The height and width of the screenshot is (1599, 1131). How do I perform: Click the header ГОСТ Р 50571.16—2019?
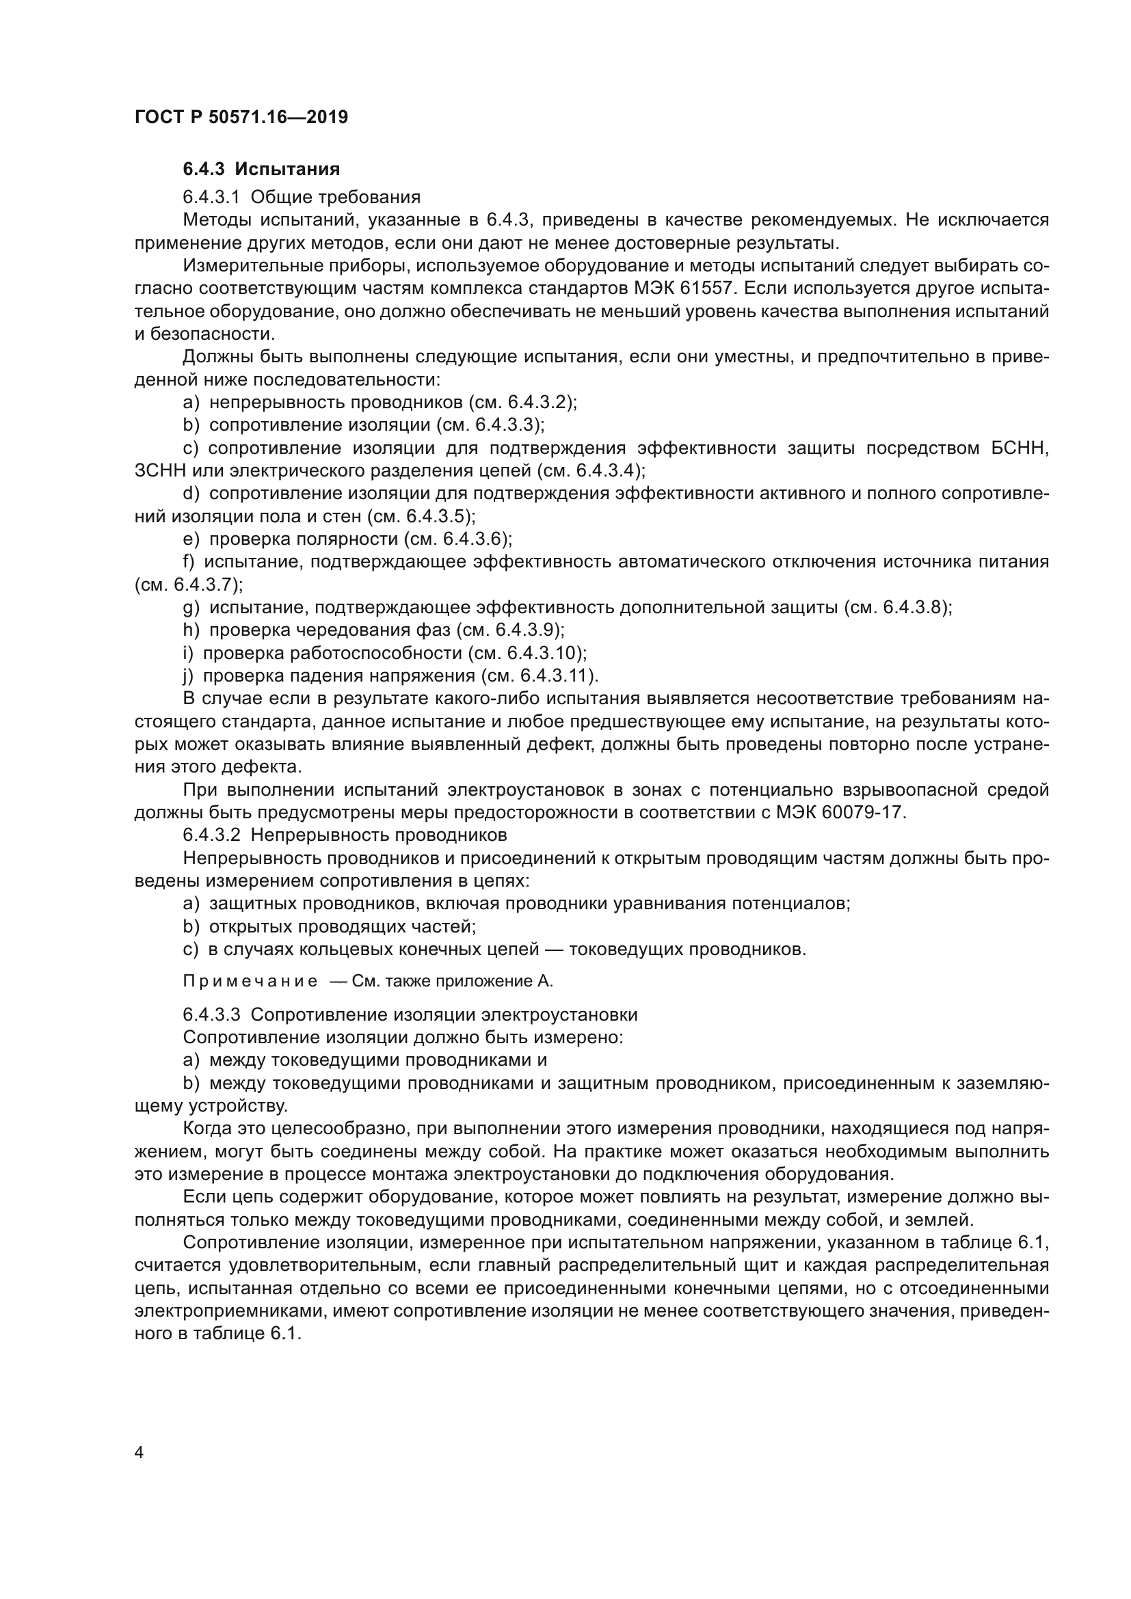241,117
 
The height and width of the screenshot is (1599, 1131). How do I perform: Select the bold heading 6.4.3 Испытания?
261,170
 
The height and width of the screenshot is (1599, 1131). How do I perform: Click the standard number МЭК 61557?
709,288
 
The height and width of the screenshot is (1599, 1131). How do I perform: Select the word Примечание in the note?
250,982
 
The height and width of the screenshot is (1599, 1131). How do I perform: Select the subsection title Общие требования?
336,197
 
